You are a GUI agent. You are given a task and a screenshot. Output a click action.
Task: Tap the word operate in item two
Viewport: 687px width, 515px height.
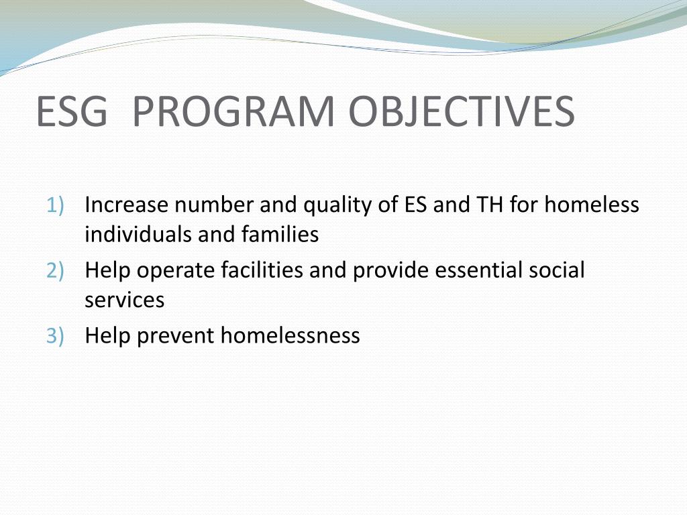pos(176,271)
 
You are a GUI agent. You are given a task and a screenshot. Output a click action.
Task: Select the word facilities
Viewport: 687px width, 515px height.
pos(262,271)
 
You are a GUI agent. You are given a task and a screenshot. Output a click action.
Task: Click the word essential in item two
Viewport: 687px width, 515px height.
pos(477,271)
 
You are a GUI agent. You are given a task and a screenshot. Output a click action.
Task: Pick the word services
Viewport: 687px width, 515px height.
pos(124,300)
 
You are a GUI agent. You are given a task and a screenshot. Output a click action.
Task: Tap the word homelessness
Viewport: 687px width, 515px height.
pos(290,335)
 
